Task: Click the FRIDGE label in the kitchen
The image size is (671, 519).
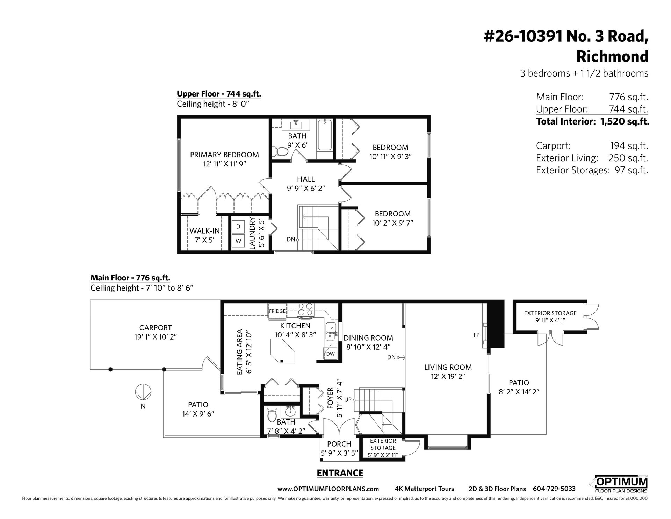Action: (x=277, y=311)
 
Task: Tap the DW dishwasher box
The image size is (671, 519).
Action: (x=330, y=354)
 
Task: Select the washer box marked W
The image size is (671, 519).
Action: (x=238, y=241)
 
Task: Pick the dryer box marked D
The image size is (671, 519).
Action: (x=238, y=227)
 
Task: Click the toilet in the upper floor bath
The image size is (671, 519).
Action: (x=280, y=152)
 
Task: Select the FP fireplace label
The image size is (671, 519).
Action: (x=476, y=335)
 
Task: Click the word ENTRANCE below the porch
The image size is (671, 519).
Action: (x=340, y=473)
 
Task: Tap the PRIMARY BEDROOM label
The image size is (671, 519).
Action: (x=224, y=155)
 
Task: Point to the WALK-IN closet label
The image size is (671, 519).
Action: (x=204, y=231)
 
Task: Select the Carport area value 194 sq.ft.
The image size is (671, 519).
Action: (x=629, y=145)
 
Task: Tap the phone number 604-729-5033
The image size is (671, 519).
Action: (x=554, y=489)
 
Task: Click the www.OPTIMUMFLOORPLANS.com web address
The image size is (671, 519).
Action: (x=328, y=489)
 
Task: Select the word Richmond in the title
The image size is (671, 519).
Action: (x=612, y=56)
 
